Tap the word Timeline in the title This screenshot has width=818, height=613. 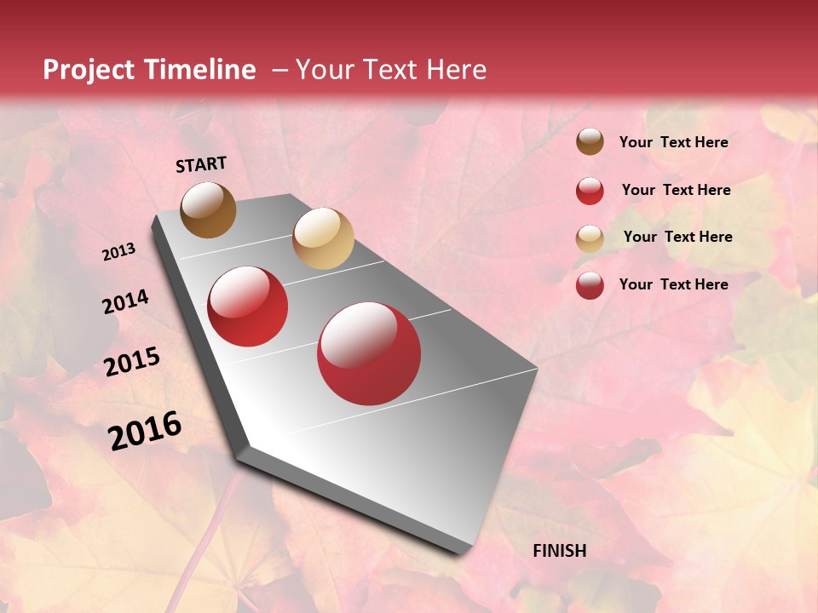tap(203, 70)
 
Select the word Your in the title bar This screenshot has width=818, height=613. tap(325, 70)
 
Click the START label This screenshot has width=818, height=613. tap(201, 164)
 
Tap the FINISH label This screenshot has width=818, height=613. tap(559, 551)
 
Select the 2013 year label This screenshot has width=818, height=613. tap(118, 252)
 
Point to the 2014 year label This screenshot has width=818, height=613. tap(125, 301)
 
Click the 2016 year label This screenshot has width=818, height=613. tap(145, 430)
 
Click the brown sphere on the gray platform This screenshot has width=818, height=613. tap(208, 209)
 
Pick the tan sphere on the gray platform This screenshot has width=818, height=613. tap(323, 238)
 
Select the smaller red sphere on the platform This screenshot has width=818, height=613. tap(248, 306)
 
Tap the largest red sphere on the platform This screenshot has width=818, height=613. tap(369, 353)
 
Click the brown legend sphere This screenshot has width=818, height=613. tap(590, 142)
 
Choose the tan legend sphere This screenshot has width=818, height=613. tap(590, 238)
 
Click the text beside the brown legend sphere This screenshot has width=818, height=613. tap(673, 142)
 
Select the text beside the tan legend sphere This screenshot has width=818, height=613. tap(677, 237)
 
